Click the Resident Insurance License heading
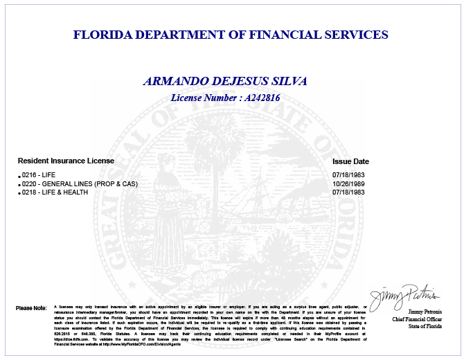point(66,161)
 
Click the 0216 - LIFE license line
point(39,175)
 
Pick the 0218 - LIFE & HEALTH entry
point(55,192)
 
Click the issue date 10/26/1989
point(348,183)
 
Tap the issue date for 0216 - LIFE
point(348,175)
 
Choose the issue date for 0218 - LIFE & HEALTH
point(348,192)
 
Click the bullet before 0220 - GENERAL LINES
point(19,185)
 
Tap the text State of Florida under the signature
point(424,326)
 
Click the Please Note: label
point(30,307)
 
